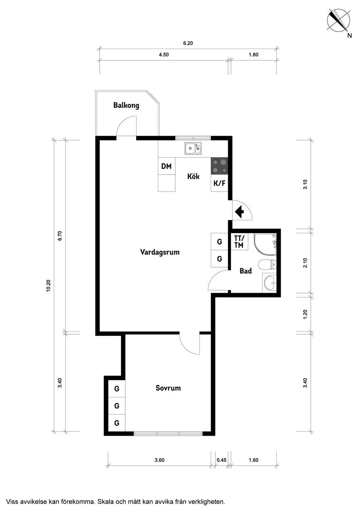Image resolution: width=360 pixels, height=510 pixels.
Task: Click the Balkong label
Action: click(x=126, y=105)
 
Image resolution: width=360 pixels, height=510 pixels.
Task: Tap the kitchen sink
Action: click(x=193, y=149)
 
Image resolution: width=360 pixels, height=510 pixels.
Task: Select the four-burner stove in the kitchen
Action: click(x=219, y=166)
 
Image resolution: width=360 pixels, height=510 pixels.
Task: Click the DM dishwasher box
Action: click(x=166, y=166)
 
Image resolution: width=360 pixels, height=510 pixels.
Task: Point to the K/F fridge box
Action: click(x=219, y=184)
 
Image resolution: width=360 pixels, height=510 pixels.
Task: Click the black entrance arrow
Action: click(x=239, y=212)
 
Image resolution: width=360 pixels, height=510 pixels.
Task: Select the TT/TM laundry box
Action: click(x=239, y=242)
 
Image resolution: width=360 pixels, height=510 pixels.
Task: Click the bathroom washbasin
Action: click(x=269, y=283)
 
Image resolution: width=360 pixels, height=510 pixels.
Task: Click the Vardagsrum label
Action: click(x=160, y=252)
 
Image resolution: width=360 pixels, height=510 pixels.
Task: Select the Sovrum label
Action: click(x=168, y=388)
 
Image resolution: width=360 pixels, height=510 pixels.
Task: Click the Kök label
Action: click(x=193, y=176)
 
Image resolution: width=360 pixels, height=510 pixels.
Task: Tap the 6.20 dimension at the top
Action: click(x=188, y=43)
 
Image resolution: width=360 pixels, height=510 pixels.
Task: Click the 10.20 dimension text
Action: click(x=48, y=286)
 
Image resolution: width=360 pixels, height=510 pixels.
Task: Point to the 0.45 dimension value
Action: click(x=222, y=460)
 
